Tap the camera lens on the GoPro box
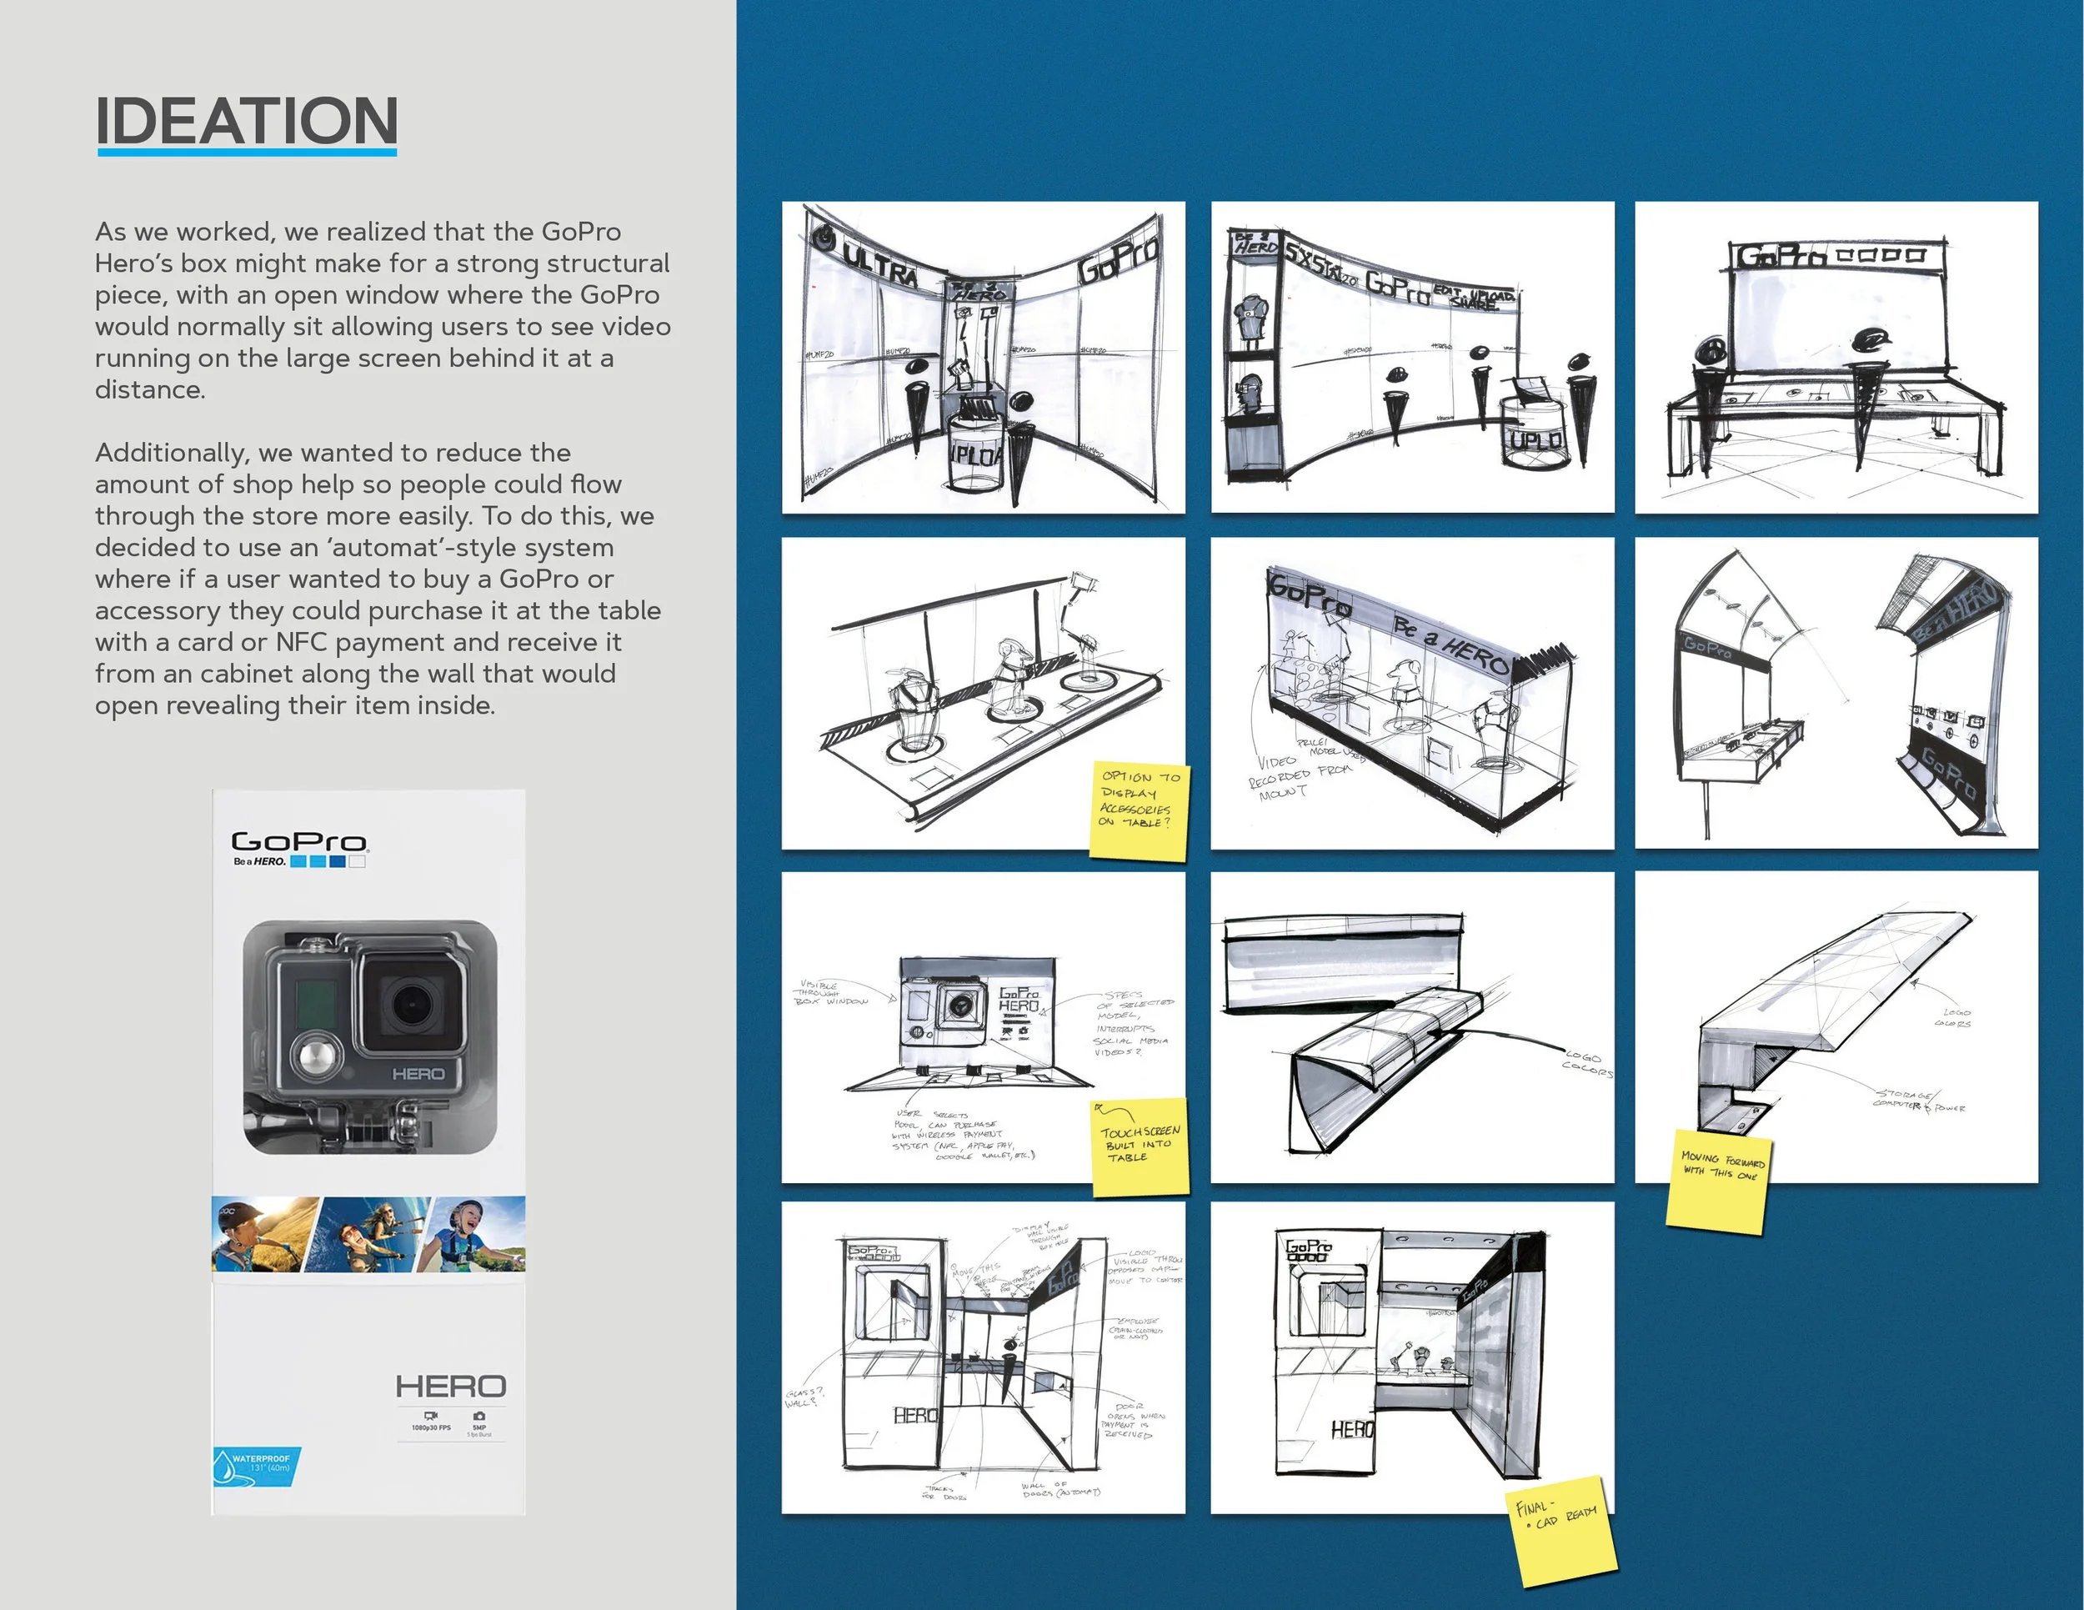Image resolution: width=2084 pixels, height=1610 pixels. [x=411, y=1003]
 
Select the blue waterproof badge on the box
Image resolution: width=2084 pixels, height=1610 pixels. [x=256, y=1464]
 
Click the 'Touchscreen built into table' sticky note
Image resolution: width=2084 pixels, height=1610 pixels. [x=1140, y=1146]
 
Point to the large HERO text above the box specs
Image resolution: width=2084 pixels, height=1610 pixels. [x=450, y=1386]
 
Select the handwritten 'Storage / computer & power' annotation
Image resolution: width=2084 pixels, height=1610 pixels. [x=1919, y=1101]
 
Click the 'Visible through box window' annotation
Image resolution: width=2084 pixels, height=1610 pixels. [x=833, y=992]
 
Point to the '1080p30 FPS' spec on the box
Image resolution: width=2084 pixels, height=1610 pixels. [x=431, y=1427]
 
